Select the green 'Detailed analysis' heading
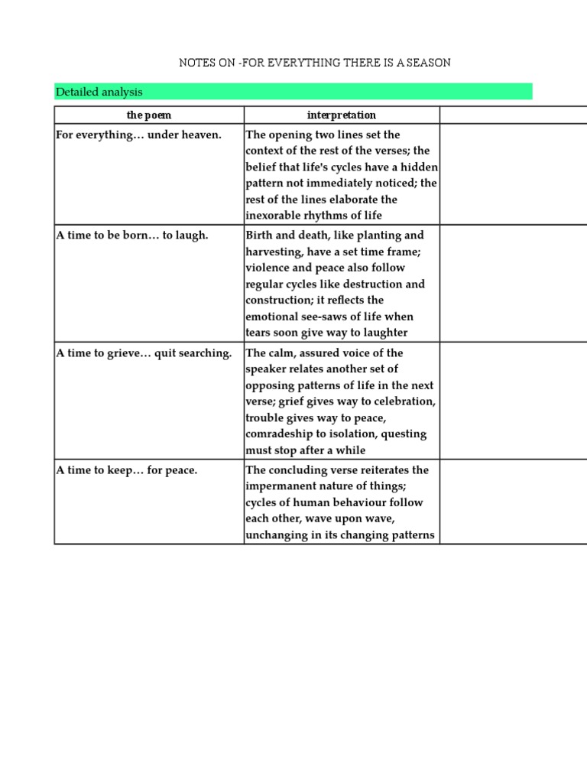tap(99, 92)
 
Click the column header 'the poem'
tap(148, 115)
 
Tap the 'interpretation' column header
tap(342, 115)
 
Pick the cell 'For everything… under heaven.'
tap(138, 135)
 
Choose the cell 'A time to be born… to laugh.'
tap(132, 235)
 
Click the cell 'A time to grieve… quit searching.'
tap(144, 353)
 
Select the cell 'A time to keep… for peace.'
tap(127, 469)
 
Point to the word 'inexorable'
tap(273, 216)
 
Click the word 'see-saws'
tap(329, 317)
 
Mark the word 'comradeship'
tap(279, 434)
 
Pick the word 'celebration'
tap(405, 401)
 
